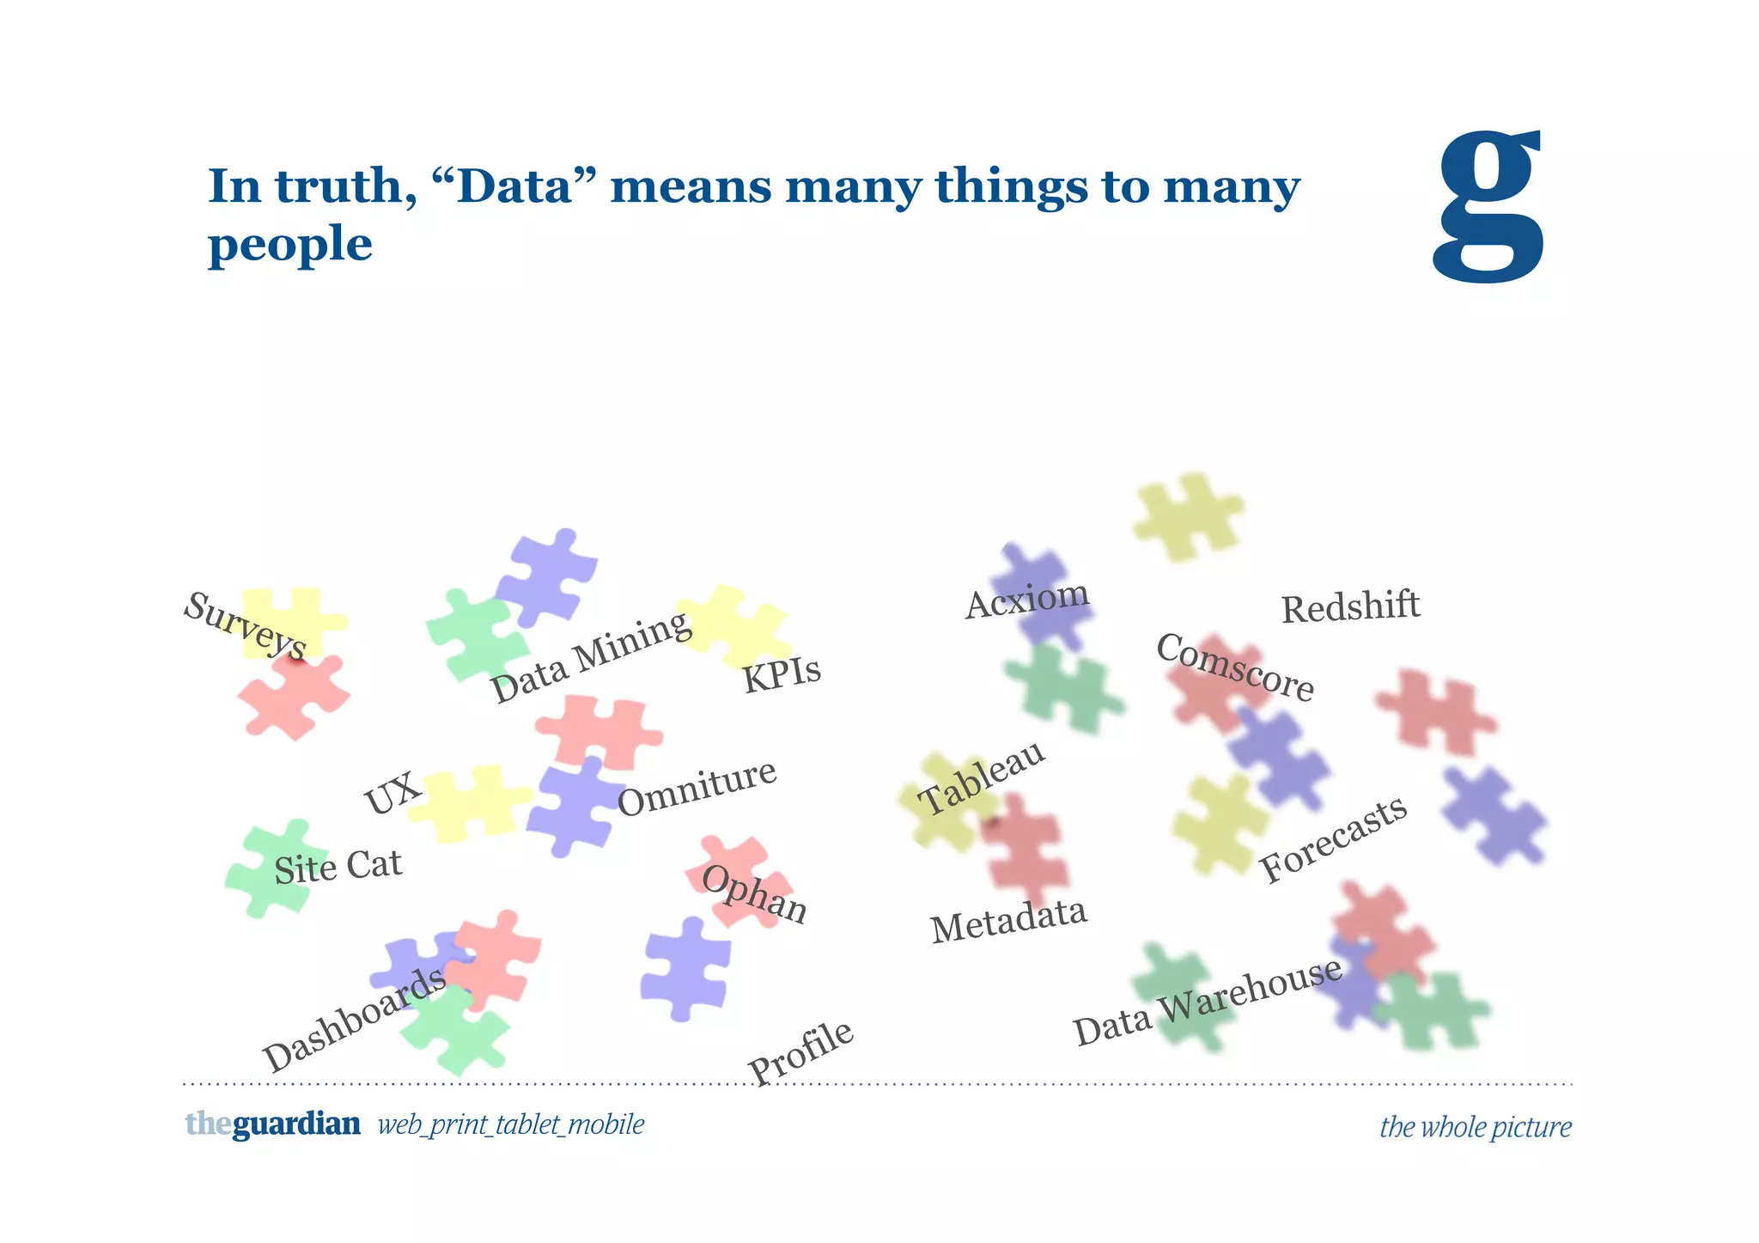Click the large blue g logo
coord(1488,206)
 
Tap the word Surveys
coord(246,625)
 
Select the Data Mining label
coord(591,657)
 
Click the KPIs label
coord(782,673)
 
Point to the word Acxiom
coord(1027,598)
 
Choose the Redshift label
coord(1350,607)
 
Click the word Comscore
coord(1235,667)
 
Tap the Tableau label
coord(982,778)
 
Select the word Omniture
coord(697,788)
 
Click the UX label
coord(393,792)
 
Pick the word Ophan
coord(754,894)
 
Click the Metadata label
coord(1008,920)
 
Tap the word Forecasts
coord(1333,838)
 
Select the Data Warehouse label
coord(1208,1002)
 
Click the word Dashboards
coord(354,1020)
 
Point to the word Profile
coord(800,1052)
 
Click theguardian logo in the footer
coord(272,1124)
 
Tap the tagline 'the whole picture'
coord(1475,1126)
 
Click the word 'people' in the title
coord(290,246)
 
